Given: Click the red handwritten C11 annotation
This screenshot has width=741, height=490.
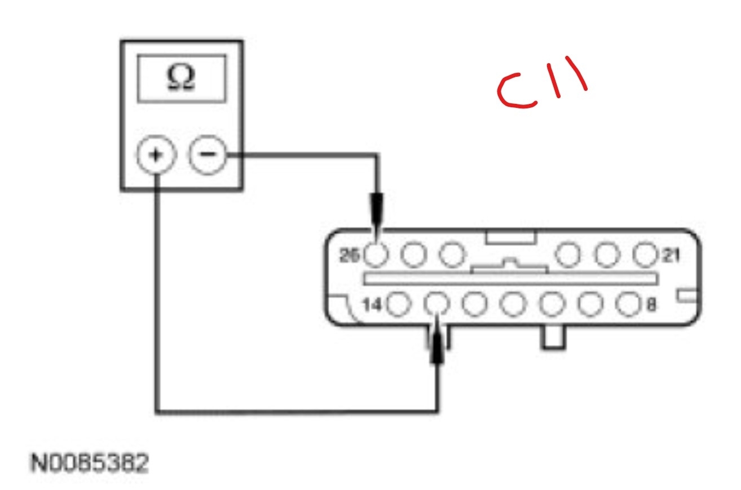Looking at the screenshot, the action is (x=542, y=87).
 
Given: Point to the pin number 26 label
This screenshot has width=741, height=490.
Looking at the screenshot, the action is (x=350, y=256).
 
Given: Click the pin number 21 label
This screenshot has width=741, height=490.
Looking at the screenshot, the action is (x=671, y=256).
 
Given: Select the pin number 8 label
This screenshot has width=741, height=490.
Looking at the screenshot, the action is (x=651, y=305).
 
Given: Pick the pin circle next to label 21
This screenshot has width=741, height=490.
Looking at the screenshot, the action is (x=644, y=255).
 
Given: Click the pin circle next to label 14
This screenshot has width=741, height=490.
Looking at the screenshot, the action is (x=399, y=305).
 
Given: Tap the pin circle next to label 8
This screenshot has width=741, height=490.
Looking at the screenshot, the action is (x=627, y=305).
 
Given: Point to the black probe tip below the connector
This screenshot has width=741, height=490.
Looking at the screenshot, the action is (x=438, y=350).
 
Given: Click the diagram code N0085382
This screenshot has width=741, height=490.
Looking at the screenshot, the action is (x=90, y=464).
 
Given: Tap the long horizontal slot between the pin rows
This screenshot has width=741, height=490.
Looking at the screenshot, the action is (x=510, y=278).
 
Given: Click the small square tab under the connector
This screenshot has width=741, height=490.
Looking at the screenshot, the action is (x=553, y=337).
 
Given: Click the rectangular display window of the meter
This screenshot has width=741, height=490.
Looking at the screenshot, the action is (x=182, y=78).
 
